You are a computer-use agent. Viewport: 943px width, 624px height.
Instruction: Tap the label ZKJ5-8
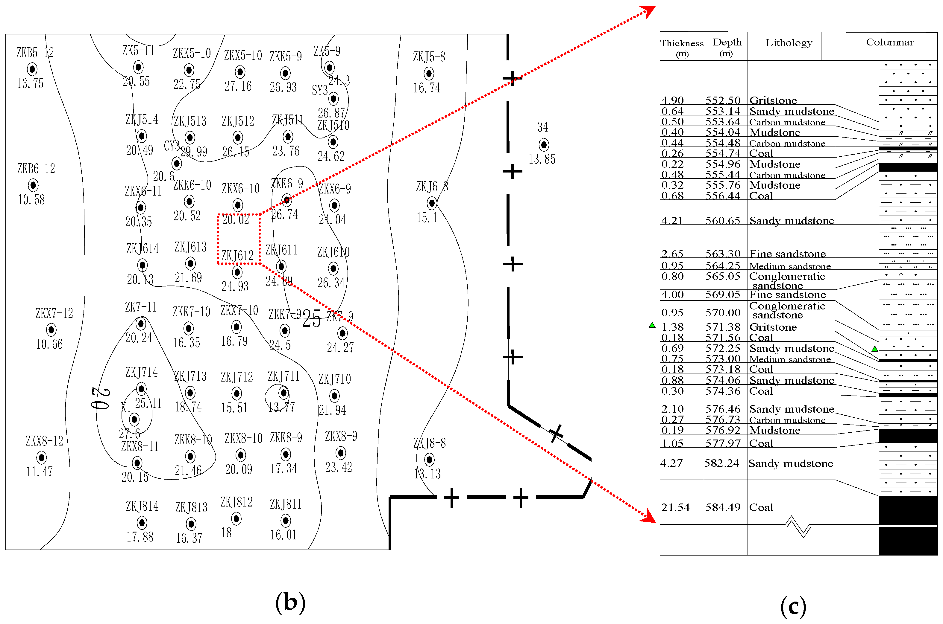[x=429, y=57]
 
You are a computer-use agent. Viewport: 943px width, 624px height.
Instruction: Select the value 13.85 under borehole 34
[x=542, y=159]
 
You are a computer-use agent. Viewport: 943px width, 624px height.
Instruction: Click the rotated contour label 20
[x=100, y=398]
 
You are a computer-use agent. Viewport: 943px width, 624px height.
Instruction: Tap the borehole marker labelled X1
[x=134, y=419]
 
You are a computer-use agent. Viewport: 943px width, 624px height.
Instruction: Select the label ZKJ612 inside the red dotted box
[x=237, y=255]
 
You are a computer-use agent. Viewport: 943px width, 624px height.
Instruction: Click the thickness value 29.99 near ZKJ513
[x=194, y=152]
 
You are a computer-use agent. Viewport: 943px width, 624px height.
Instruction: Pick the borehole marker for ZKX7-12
[x=51, y=329]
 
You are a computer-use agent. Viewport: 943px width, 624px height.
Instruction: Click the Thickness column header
[x=682, y=47]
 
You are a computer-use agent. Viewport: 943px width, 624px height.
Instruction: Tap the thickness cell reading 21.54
[x=675, y=507]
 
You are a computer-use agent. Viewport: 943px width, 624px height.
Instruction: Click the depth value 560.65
[x=723, y=220]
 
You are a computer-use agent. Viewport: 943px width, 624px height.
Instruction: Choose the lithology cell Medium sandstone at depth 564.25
[x=790, y=266]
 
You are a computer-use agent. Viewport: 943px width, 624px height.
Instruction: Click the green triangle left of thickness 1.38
[x=652, y=325]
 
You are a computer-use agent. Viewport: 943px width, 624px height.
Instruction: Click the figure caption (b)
[x=290, y=602]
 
